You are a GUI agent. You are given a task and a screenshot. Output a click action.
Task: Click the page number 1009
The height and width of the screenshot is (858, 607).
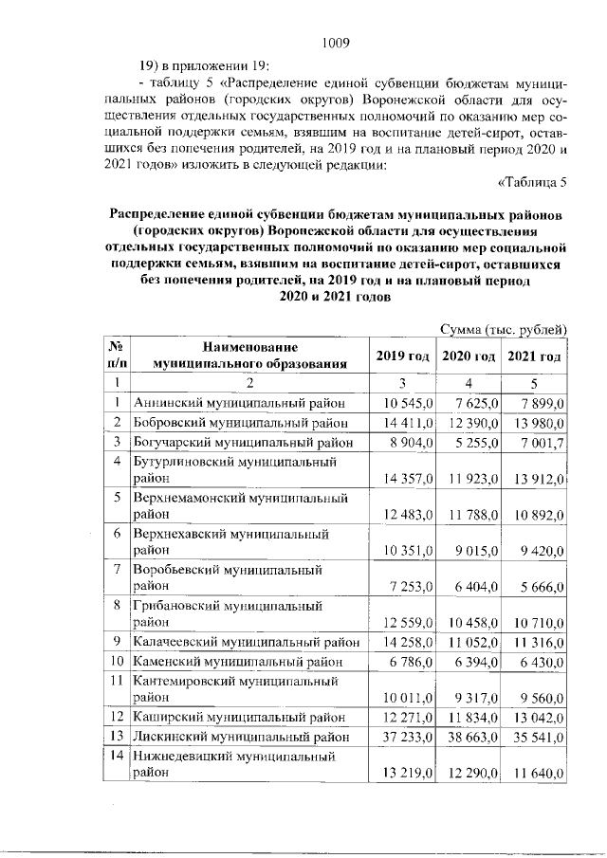point(337,42)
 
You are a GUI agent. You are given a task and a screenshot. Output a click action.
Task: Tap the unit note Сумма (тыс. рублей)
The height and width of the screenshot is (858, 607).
point(504,329)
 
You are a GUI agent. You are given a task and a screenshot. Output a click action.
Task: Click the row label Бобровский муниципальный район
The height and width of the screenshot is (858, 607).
point(244,422)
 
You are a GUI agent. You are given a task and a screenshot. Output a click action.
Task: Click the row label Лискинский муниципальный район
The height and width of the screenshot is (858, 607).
point(244,736)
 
